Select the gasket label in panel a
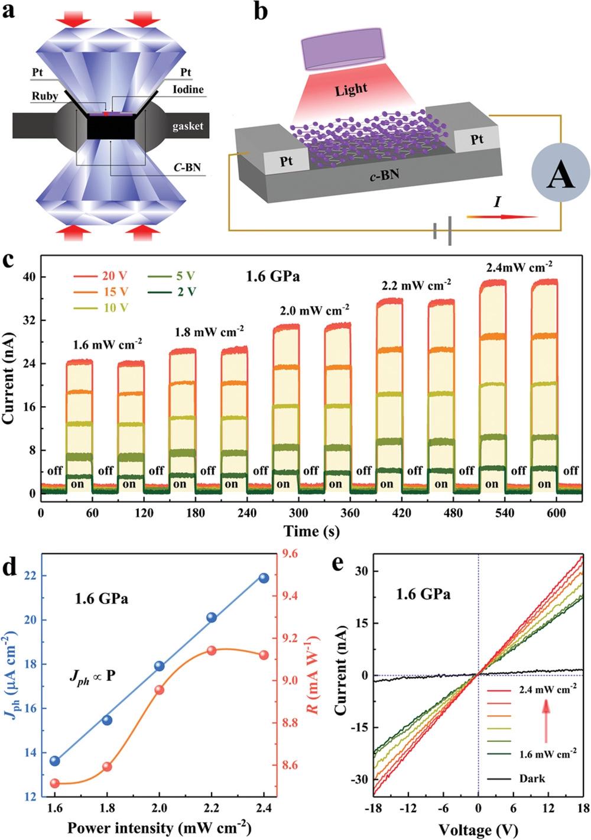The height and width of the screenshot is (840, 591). tap(187, 126)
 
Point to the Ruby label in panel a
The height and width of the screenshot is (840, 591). tap(45, 96)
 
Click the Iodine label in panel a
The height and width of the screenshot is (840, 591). tap(189, 90)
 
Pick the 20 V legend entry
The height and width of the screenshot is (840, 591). tap(101, 276)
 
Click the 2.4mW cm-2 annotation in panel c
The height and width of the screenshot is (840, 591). tap(519, 267)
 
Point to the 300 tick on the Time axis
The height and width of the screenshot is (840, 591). tap(298, 513)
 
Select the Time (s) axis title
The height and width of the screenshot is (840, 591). tap(311, 531)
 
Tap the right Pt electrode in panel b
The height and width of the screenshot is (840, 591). tap(476, 140)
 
